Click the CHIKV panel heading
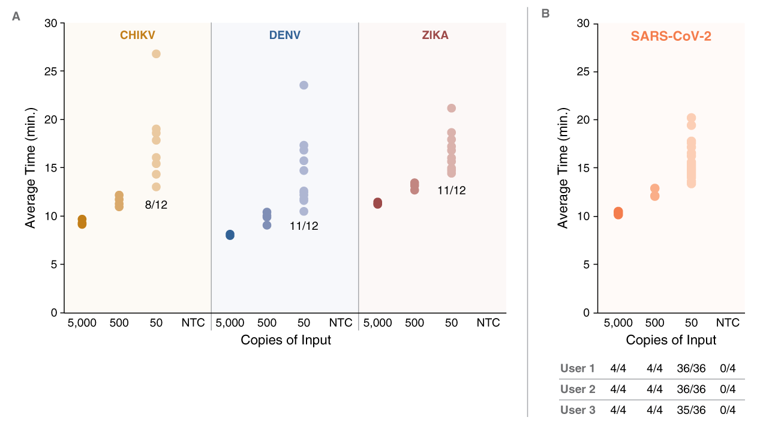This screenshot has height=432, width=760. coord(137,35)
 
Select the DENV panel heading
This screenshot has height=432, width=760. coord(285,35)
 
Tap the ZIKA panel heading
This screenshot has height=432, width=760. coord(435,35)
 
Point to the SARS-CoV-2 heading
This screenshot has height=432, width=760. coord(671,37)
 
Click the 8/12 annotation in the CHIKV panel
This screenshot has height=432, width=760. coord(156,205)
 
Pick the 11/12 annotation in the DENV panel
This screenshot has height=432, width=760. coord(304,226)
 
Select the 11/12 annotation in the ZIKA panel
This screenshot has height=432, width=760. coord(451,191)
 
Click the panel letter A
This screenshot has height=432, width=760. coord(16,16)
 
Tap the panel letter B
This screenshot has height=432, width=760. coord(545,13)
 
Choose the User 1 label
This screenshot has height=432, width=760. coord(577,368)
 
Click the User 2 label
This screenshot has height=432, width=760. coord(578,389)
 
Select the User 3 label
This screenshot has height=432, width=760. coord(578,410)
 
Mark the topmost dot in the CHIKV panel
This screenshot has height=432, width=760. coord(156,54)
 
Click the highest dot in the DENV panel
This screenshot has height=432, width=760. coord(304,85)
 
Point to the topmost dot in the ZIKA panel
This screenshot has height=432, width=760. coord(451,108)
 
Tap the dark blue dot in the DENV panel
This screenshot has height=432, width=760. coord(230,235)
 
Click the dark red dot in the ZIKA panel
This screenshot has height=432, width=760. coord(377,203)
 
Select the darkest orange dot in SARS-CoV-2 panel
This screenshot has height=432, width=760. coord(618,213)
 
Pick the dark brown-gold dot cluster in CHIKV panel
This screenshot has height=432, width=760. coord(82,222)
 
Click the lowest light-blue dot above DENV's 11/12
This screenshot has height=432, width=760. coord(304,211)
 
